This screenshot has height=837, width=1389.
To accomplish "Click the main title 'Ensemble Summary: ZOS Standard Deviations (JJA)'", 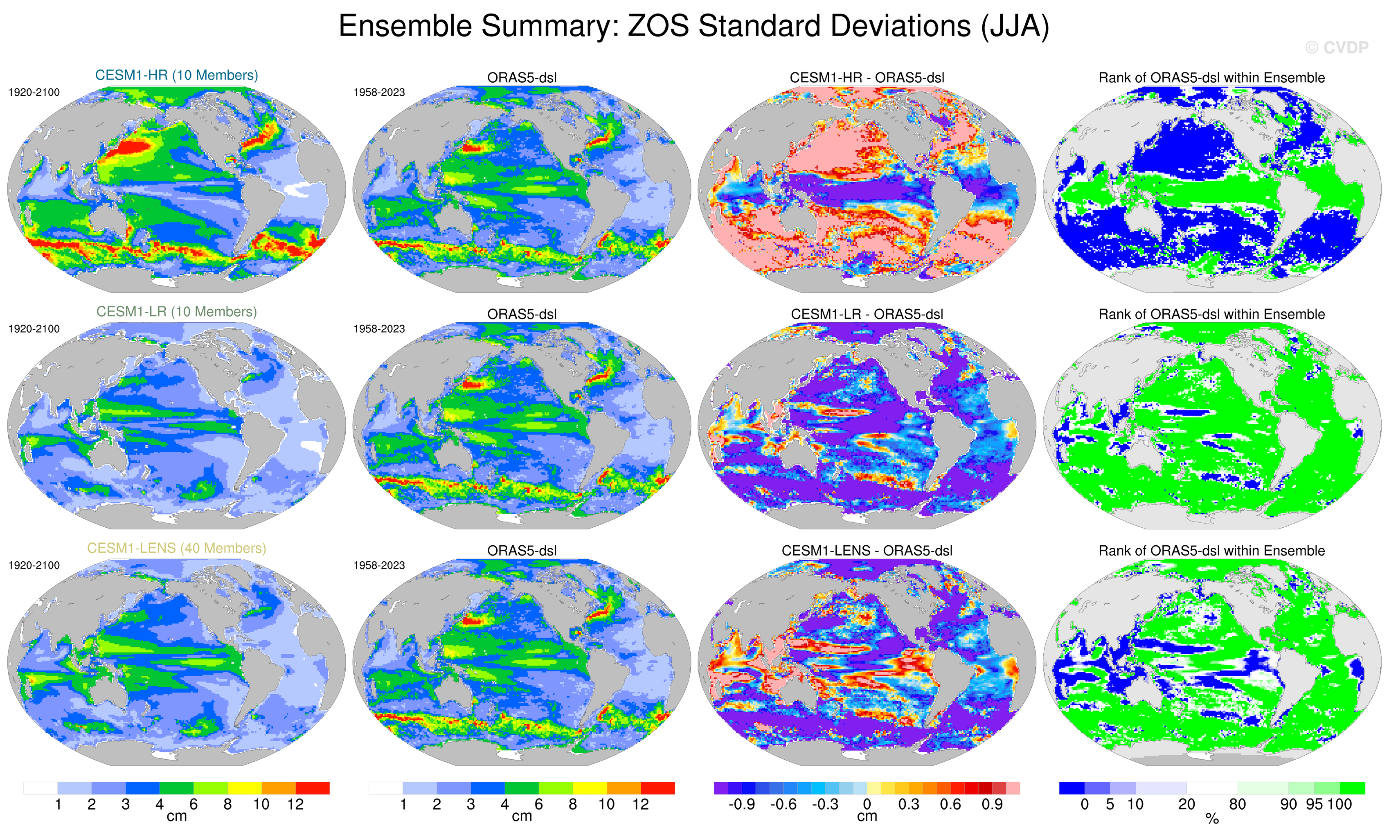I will (x=693, y=27).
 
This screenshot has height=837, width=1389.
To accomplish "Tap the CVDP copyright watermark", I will (x=1336, y=48).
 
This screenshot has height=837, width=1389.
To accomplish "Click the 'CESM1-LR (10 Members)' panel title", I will (x=176, y=312).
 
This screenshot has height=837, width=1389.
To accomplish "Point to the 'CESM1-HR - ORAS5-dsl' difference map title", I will (x=867, y=78).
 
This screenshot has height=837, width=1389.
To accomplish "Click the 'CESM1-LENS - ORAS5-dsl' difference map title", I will (x=867, y=551).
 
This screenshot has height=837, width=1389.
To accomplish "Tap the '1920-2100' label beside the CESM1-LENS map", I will (x=34, y=565).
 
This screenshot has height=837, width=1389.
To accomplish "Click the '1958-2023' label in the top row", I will (x=379, y=92).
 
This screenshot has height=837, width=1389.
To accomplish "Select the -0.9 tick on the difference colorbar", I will (x=741, y=804).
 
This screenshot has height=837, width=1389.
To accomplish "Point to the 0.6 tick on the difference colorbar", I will (x=950, y=804).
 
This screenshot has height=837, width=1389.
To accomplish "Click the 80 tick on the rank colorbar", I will (x=1237, y=804).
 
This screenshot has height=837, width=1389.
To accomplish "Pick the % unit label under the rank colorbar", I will (x=1212, y=819).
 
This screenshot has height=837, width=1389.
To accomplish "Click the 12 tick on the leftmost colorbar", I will (x=295, y=804).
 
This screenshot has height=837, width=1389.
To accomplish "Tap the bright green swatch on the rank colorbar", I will (x=1352, y=788).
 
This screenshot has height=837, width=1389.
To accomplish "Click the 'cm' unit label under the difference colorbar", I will (x=867, y=816).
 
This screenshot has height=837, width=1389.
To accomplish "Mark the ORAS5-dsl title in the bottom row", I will (x=522, y=551).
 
